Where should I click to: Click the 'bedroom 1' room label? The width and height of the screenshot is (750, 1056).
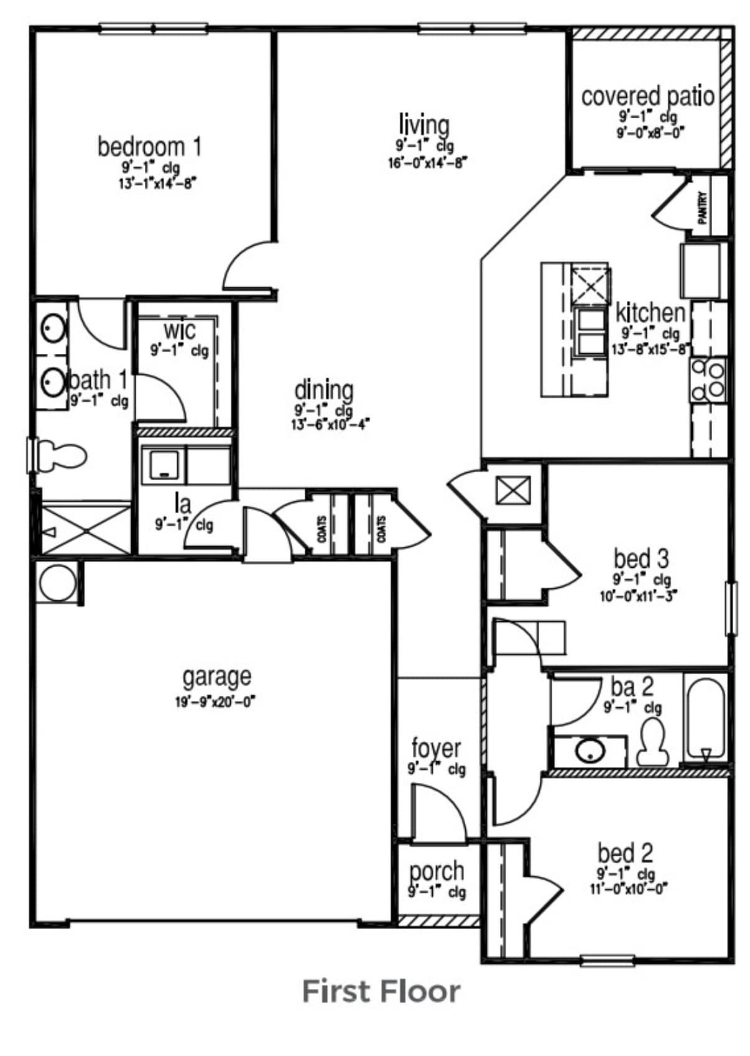(x=150, y=147)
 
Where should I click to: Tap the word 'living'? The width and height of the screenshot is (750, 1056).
(x=424, y=124)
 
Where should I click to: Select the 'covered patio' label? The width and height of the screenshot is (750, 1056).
(x=647, y=96)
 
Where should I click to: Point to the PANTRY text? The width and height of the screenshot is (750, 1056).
(x=703, y=207)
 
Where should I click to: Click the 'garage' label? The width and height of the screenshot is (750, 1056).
(x=217, y=676)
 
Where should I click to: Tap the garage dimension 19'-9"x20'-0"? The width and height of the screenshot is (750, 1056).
(x=216, y=702)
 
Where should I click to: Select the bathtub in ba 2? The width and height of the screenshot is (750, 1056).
(x=705, y=718)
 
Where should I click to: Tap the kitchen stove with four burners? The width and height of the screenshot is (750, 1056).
(x=708, y=380)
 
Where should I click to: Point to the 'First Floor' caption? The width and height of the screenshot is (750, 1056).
(x=381, y=991)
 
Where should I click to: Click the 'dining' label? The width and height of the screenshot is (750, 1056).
(x=323, y=391)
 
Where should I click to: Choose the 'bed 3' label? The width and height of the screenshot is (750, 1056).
(x=641, y=558)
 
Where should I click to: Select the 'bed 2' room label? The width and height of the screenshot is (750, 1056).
(x=625, y=853)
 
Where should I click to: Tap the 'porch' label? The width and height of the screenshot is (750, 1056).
(x=437, y=871)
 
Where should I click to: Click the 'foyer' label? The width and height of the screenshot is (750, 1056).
(x=437, y=748)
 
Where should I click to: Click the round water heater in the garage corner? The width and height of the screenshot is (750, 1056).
(x=57, y=583)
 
